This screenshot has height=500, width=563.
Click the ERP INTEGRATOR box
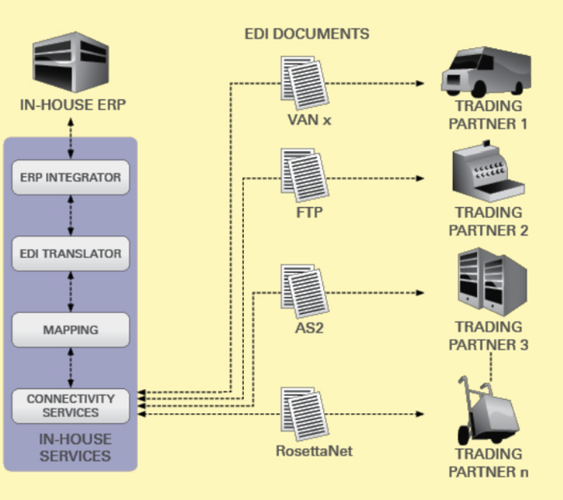70,177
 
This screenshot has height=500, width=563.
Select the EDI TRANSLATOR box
70,253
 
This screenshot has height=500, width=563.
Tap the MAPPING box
70,330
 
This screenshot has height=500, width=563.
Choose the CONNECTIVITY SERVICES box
70,406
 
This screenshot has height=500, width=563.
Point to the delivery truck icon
485,73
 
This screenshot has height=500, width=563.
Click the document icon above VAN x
304,84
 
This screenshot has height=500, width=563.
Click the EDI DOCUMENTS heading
307,34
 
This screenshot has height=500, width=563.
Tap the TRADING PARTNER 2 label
489,221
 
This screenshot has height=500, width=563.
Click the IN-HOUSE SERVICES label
75,448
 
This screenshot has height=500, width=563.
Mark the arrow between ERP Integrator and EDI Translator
70,215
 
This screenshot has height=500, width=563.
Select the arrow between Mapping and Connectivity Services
70,368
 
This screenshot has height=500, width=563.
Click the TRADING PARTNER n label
489,463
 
